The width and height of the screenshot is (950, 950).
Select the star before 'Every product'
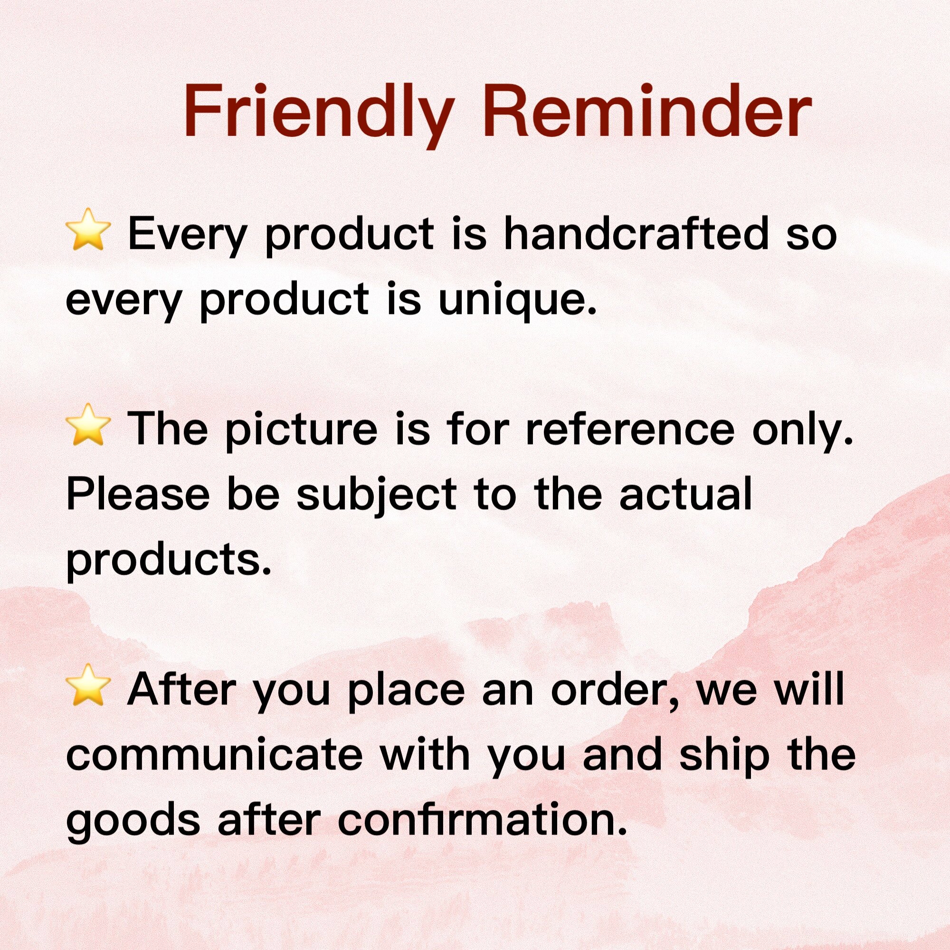[87, 229]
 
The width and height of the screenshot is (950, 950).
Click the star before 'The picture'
[87, 425]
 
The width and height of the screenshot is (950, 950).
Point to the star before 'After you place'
[87, 684]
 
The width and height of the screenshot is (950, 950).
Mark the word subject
[377, 495]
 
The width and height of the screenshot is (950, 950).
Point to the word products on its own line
[169, 561]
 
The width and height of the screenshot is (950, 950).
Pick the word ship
[724, 756]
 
